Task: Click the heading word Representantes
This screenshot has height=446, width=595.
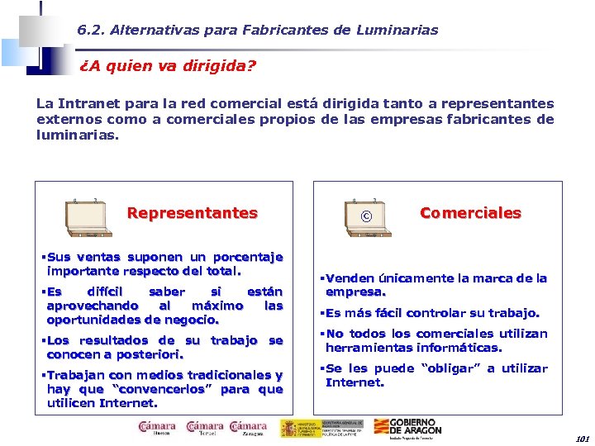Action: pos(192,213)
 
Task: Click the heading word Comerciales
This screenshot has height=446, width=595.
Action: pos(470,213)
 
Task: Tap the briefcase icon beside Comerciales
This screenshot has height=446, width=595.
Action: pos(365,216)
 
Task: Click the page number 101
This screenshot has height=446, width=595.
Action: pos(583,439)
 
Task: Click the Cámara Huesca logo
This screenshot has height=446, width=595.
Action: pos(157,428)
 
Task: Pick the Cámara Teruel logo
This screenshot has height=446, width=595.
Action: pos(205,428)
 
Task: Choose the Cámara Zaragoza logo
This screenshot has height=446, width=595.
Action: pos(249,428)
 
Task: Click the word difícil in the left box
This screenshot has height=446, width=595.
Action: pos(104,292)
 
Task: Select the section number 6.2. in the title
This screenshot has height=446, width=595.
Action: pos(90,30)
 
